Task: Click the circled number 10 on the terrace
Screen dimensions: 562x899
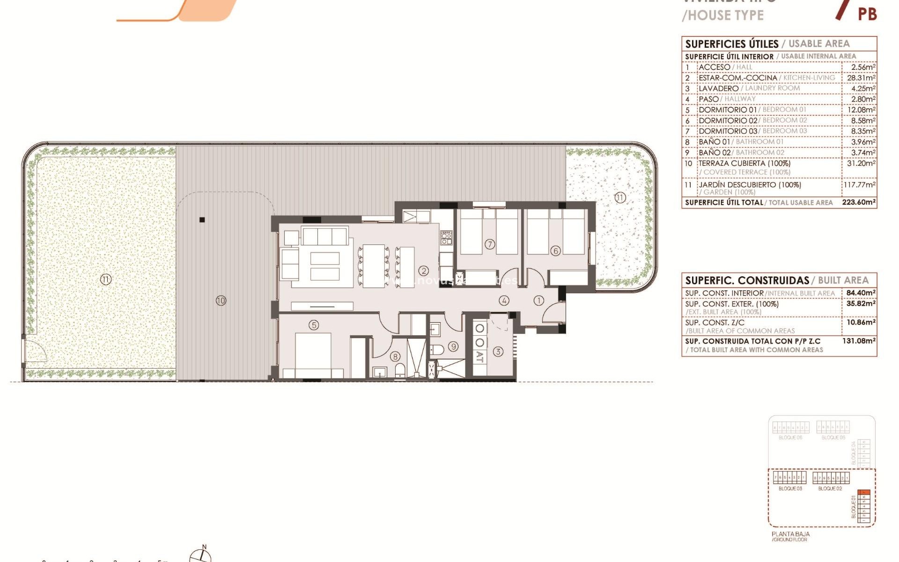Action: tap(221, 301)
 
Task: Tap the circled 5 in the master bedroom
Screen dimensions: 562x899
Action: tap(314, 325)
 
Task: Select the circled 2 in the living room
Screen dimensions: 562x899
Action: tap(424, 271)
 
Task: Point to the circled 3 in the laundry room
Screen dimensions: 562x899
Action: tap(498, 351)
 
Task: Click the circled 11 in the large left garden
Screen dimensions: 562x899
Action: tap(105, 280)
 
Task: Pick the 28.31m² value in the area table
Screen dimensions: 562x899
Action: tap(861, 78)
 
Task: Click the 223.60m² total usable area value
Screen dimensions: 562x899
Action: tap(859, 202)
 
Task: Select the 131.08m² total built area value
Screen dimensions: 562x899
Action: tap(859, 341)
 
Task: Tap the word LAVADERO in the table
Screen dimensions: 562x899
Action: tap(718, 89)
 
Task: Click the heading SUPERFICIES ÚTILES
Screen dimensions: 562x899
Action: tap(731, 44)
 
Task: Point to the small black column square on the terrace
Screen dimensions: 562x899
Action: tap(202, 220)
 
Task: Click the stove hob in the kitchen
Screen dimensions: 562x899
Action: tap(446, 238)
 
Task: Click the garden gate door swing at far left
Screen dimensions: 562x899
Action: tap(35, 351)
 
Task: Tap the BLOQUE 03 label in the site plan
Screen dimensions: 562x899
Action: tap(790, 488)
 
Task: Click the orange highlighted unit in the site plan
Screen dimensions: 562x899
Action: tap(865, 492)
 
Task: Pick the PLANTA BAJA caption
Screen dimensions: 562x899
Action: tap(790, 534)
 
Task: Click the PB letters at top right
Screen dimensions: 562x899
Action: tap(867, 14)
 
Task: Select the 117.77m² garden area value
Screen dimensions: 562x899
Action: tap(859, 185)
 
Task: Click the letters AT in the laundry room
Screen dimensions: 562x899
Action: tap(479, 357)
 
